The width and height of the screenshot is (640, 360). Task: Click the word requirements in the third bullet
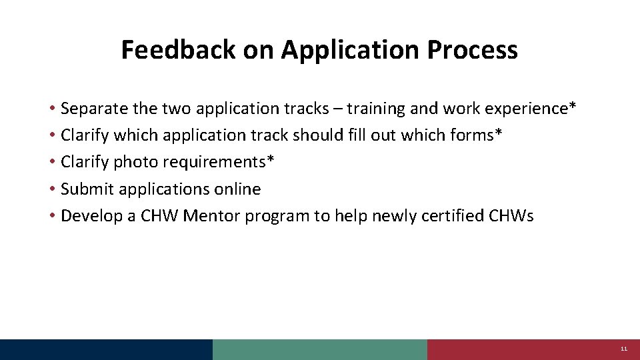[x=219, y=162]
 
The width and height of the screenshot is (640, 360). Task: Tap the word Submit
[x=87, y=189]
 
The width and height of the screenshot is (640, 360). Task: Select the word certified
[x=452, y=216]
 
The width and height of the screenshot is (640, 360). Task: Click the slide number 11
[x=624, y=349]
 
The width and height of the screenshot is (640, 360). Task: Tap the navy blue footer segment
[x=107, y=349]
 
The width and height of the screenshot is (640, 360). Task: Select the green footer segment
[x=320, y=349]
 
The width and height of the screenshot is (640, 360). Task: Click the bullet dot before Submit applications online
[x=51, y=190]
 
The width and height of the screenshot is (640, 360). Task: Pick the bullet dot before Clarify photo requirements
[x=51, y=163]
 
